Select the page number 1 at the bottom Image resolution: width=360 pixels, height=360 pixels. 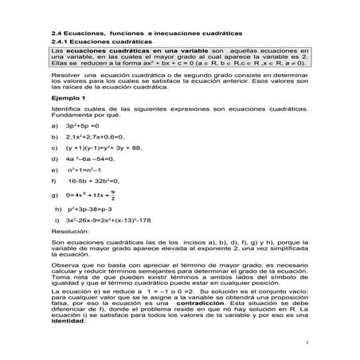(x=307, y=343)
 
